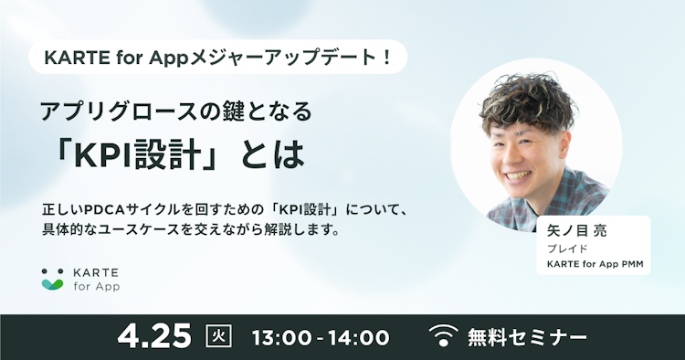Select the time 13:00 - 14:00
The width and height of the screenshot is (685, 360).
click(319, 337)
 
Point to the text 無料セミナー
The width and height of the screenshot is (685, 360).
click(527, 337)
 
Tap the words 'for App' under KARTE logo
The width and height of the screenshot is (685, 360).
click(97, 286)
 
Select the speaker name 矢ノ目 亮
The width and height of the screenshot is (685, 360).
click(576, 232)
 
